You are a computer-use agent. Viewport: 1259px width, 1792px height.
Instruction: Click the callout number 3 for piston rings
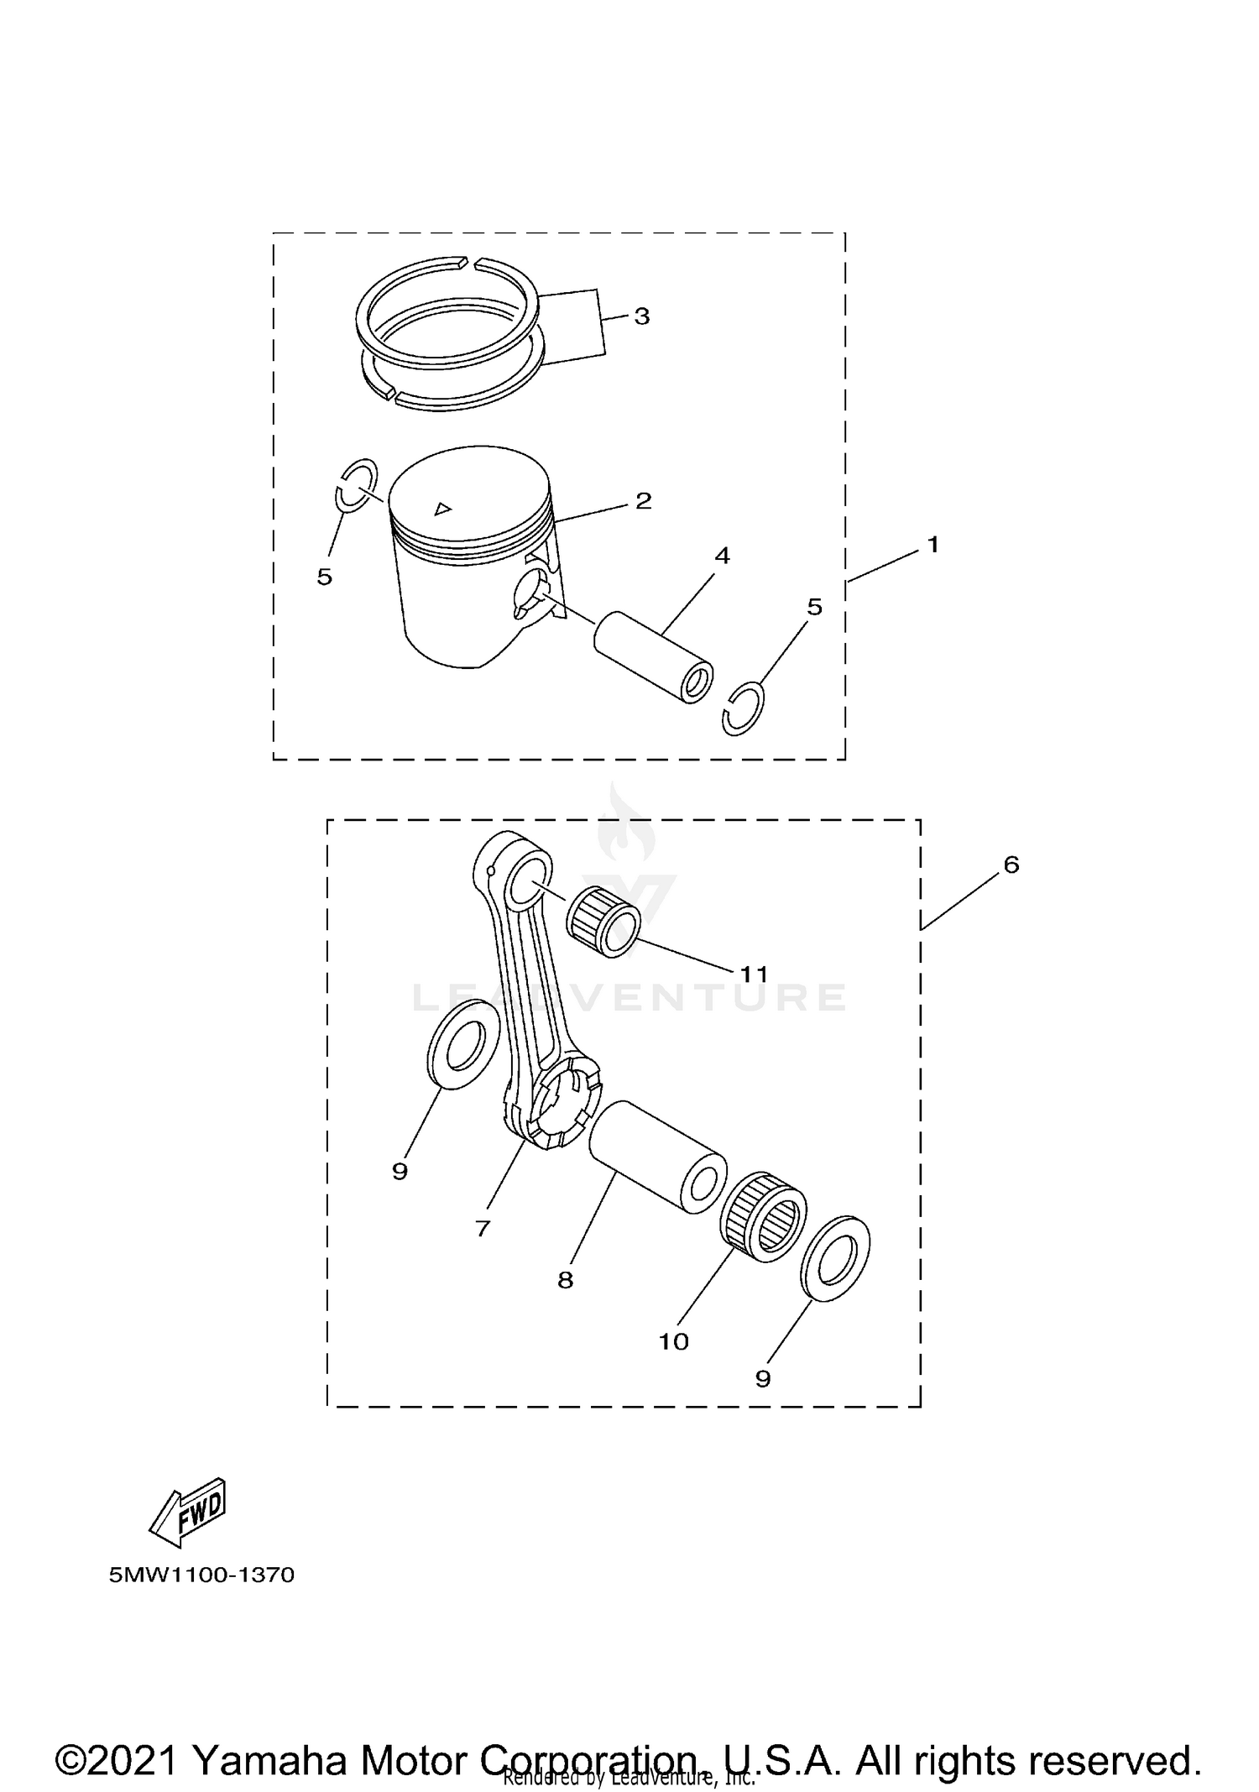(x=641, y=317)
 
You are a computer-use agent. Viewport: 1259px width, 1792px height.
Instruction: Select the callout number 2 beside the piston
(x=643, y=501)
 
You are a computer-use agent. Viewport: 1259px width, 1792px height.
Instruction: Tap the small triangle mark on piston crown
(x=442, y=508)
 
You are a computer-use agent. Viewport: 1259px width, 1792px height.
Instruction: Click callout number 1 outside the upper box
(x=932, y=546)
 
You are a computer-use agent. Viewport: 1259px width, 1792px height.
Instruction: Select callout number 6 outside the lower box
(x=1011, y=865)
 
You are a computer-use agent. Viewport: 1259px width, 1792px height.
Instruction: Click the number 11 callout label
(x=754, y=974)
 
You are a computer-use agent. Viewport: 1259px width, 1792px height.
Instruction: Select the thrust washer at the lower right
(x=835, y=1258)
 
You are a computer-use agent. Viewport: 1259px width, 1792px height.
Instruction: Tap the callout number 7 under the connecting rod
(x=482, y=1229)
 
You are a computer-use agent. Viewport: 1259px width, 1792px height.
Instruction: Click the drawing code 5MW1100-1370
(x=201, y=1575)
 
